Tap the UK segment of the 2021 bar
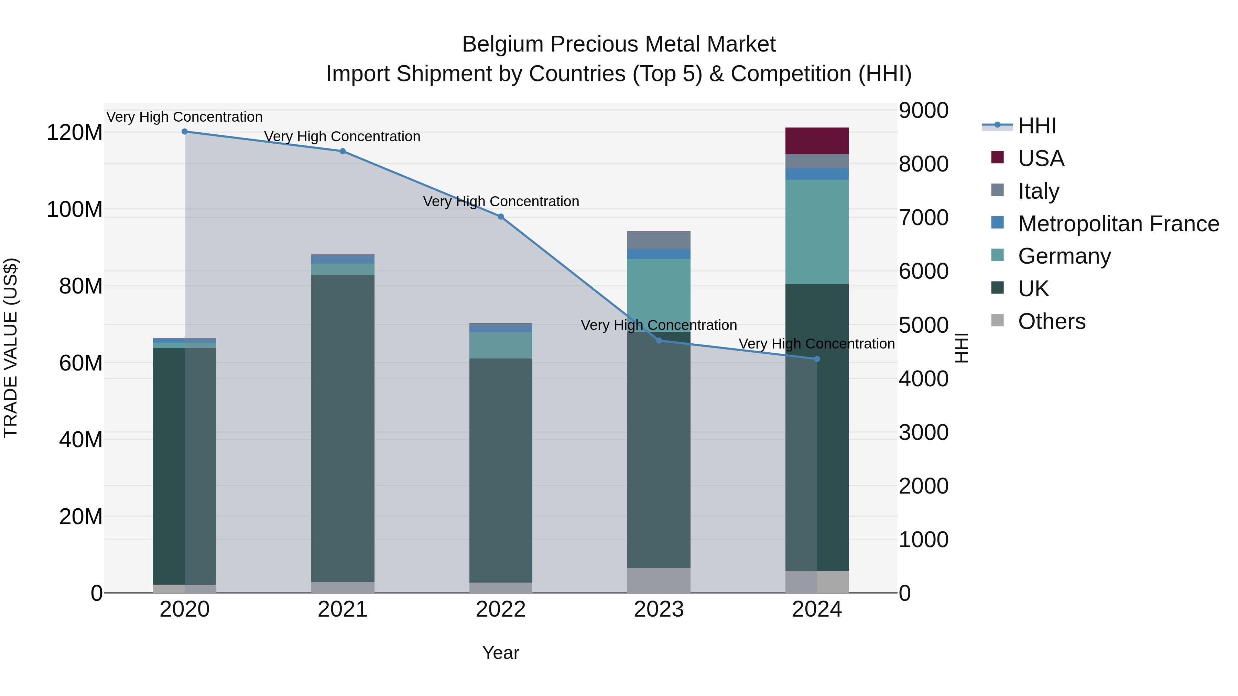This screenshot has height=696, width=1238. click(343, 428)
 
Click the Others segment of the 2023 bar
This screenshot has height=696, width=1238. click(659, 580)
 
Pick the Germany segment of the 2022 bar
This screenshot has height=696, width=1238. click(500, 345)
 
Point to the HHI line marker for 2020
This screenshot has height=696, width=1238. click(185, 132)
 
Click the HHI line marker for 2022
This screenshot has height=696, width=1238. click(500, 217)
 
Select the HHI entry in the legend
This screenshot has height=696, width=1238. click(1036, 126)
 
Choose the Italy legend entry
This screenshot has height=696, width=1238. click(1038, 191)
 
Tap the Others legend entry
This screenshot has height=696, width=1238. click(1051, 321)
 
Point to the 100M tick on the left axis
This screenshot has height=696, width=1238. click(75, 209)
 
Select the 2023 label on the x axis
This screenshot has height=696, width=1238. click(659, 609)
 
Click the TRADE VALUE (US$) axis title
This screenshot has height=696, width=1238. click(11, 348)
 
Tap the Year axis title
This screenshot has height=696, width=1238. click(500, 653)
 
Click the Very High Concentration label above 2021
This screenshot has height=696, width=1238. click(342, 136)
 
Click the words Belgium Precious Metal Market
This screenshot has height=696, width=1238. click(619, 44)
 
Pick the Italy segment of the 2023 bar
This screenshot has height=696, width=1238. click(659, 240)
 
